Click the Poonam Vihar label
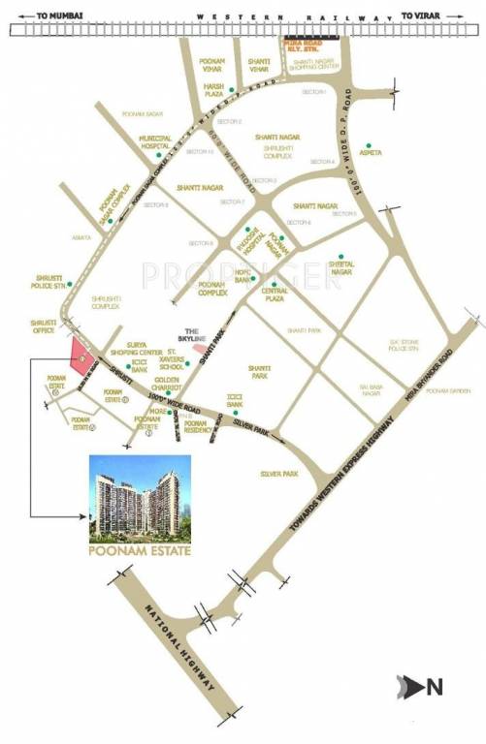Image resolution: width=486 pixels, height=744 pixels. pyautogui.click(x=212, y=65)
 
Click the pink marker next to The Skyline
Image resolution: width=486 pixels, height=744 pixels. pyautogui.click(x=199, y=347)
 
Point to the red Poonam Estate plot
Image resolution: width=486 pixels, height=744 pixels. pyautogui.click(x=80, y=355)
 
